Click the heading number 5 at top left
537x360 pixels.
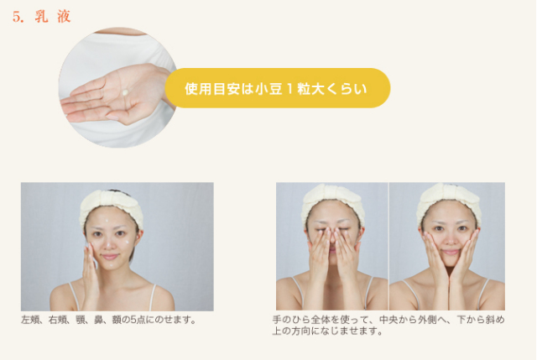click(x=18, y=17)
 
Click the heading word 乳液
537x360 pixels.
click(x=53, y=17)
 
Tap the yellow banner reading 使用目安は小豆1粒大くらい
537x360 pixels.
click(x=277, y=88)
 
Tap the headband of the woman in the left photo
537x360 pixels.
click(x=111, y=206)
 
